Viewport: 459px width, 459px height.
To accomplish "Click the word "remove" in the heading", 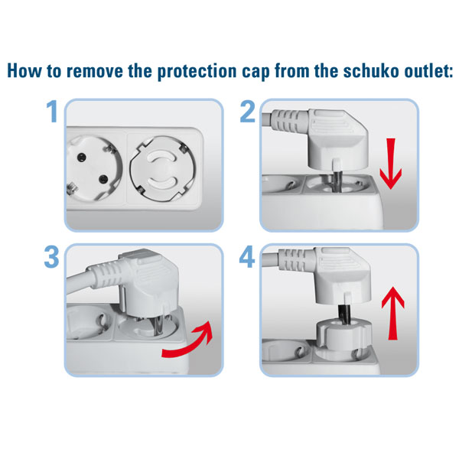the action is point(94,71).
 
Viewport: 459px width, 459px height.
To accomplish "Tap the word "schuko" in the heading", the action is point(371,71).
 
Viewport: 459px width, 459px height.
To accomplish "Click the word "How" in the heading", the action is point(24,71).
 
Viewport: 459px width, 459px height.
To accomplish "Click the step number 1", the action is point(52,112).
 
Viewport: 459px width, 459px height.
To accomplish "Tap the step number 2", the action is point(247,112).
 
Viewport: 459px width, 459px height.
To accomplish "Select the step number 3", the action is point(52,257).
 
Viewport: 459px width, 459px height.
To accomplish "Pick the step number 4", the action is point(247,257).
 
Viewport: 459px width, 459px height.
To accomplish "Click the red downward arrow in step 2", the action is point(391,164).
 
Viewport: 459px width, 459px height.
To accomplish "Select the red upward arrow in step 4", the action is point(393,313).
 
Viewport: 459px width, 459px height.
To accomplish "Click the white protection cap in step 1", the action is point(163,169).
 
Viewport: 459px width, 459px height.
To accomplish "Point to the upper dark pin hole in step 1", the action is point(81,158).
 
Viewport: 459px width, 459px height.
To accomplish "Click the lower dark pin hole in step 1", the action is point(103,179).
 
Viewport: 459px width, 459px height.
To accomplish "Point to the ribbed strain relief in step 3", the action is point(106,275).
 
